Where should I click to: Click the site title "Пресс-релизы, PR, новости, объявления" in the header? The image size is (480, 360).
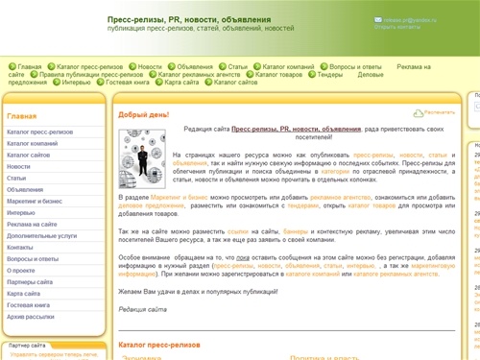click(x=189, y=19)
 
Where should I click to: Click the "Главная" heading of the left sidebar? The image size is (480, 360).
click(x=21, y=115)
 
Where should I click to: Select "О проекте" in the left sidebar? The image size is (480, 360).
click(x=21, y=270)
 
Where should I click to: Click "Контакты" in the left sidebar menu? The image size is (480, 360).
click(x=20, y=247)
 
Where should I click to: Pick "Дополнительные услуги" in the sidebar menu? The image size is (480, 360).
click(x=41, y=235)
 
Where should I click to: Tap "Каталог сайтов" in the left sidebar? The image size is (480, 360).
click(x=30, y=155)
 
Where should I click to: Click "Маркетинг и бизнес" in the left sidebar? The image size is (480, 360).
click(x=36, y=201)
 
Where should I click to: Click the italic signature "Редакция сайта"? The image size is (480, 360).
click(x=142, y=309)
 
